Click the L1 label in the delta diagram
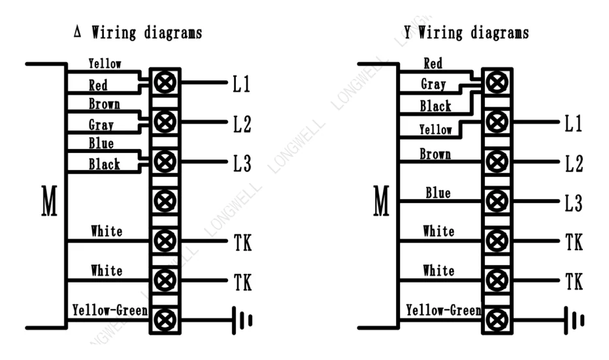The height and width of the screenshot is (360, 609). coord(241,84)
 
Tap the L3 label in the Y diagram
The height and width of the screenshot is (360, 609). coord(574,203)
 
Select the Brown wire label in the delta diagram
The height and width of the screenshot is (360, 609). coord(104,104)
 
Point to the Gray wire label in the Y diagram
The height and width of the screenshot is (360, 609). coord(433,84)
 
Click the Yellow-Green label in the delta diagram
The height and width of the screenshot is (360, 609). coord(110,310)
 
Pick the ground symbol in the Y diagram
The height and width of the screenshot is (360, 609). coord(574,320)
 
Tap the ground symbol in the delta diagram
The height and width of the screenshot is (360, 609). coord(242,320)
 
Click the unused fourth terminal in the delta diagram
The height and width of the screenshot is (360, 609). coord(165,201)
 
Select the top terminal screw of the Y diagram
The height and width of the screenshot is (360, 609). coord(497,82)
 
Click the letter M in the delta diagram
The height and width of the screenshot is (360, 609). coord(49,201)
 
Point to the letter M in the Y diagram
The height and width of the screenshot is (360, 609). coord(381,201)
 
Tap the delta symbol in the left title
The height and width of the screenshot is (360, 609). coord(77,32)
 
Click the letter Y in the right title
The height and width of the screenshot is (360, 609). coord(407,32)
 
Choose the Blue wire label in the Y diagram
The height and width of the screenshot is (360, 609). coord(438,193)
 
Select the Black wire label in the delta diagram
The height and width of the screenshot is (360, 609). coord(104,164)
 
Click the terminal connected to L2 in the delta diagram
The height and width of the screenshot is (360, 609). coord(165,122)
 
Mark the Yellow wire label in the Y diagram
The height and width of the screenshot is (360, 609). coord(435,129)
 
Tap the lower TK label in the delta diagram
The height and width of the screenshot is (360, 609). coord(242,282)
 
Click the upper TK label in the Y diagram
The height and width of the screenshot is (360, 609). coord(574,242)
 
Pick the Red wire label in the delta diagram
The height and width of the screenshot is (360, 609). coord(98,86)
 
